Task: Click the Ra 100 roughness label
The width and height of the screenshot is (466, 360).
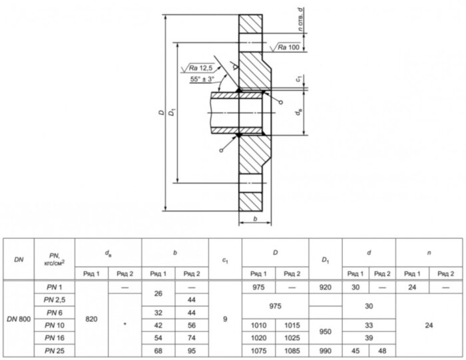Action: tap(288, 47)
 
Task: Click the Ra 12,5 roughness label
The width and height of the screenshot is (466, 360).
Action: tap(201, 69)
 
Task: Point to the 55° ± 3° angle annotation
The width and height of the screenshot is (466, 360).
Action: tap(202, 79)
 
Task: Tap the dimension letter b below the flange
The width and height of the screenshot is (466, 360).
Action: tap(255, 219)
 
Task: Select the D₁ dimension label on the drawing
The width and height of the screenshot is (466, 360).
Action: tap(172, 113)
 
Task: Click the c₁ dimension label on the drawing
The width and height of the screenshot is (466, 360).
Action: tap(300, 79)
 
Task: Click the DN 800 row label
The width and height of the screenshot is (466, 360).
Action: tap(19, 319)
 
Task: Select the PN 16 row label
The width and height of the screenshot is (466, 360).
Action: tap(55, 338)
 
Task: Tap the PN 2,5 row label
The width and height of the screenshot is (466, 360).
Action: tap(55, 300)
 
